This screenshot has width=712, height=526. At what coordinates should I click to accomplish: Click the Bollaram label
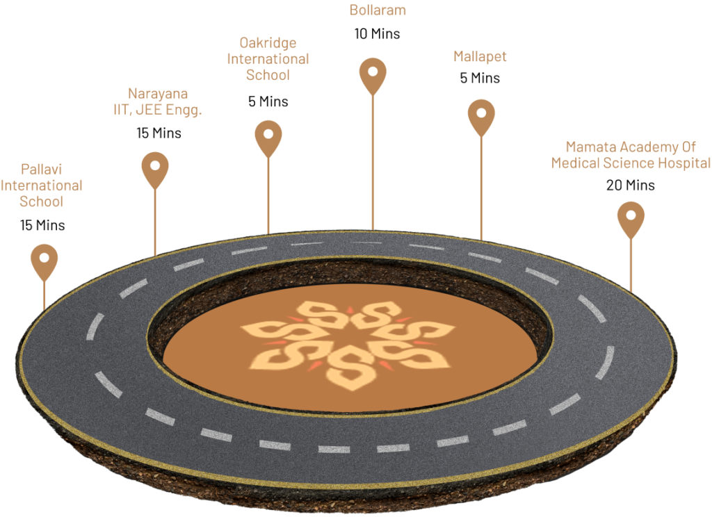pyautogui.click(x=377, y=10)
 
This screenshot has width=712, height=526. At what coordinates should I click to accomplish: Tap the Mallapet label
pyautogui.click(x=480, y=57)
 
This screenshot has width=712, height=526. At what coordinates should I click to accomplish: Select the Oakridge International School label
pyautogui.click(x=268, y=59)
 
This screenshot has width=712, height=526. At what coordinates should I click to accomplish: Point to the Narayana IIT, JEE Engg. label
pyautogui.click(x=158, y=101)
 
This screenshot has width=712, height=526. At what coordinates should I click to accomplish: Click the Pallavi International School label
pyautogui.click(x=42, y=186)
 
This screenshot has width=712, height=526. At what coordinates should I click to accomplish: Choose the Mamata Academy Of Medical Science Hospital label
pyautogui.click(x=631, y=155)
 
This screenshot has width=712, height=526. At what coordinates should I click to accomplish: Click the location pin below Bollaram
pyautogui.click(x=373, y=74)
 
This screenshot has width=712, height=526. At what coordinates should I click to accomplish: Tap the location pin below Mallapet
pyautogui.click(x=481, y=115)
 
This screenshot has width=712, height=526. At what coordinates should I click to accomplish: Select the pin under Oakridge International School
pyautogui.click(x=268, y=137)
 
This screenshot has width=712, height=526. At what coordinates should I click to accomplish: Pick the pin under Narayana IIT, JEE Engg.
pyautogui.click(x=155, y=169)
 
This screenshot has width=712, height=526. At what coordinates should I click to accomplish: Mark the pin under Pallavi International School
pyautogui.click(x=44, y=261)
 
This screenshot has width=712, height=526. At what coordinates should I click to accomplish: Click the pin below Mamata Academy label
pyautogui.click(x=631, y=218)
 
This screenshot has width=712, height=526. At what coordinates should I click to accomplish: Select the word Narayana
pyautogui.click(x=158, y=93)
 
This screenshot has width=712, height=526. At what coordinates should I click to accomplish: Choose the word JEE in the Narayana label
pyautogui.click(x=151, y=110)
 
